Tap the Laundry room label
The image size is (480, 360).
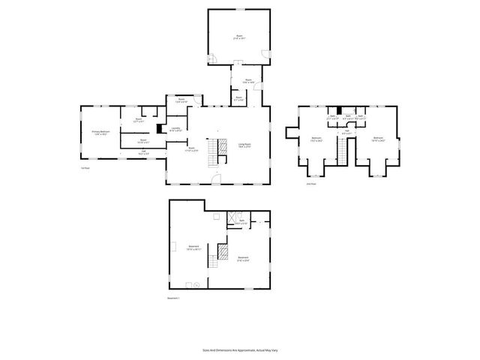[x=175, y=129]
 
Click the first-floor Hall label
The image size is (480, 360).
[x=143, y=152]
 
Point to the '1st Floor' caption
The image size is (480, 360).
[x=85, y=168]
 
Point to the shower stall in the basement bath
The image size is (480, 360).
[x=232, y=218]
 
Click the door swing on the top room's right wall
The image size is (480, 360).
[x=265, y=54]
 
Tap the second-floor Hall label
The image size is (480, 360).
[x=346, y=133]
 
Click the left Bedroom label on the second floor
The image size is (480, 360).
[x=317, y=139]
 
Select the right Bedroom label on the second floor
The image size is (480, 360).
[x=379, y=139]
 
